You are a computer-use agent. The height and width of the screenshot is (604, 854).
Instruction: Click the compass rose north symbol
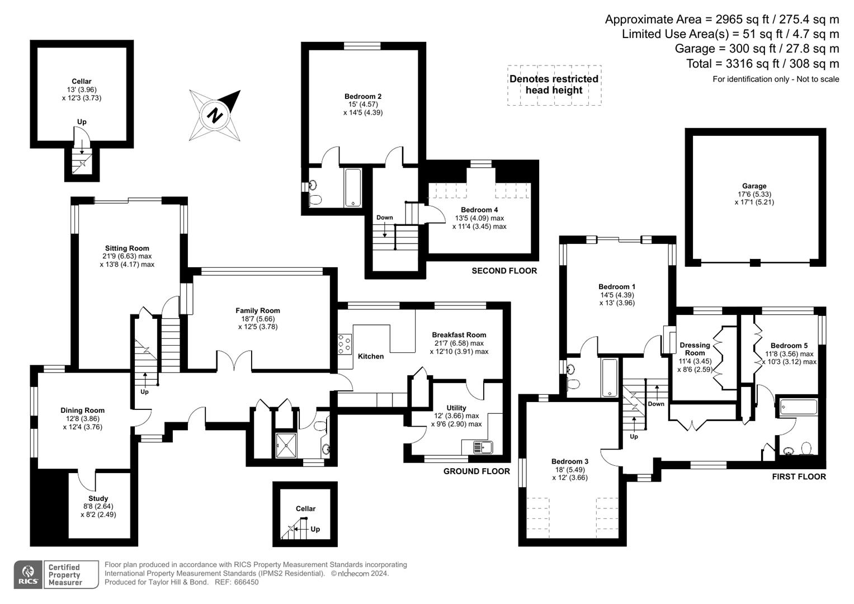(215, 115)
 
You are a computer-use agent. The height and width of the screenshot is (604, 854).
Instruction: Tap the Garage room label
(754, 186)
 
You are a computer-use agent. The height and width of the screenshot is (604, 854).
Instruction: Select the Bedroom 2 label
(363, 96)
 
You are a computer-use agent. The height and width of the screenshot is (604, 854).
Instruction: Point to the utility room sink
(482, 447)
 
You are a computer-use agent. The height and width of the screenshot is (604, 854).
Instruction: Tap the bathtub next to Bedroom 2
(353, 187)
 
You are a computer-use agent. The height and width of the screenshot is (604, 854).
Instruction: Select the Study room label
(98, 498)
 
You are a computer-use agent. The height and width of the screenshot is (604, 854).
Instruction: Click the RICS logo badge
(28, 575)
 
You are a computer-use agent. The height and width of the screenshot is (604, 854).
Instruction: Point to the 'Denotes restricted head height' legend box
(554, 85)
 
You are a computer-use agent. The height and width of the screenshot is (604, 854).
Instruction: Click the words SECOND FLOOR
(504, 271)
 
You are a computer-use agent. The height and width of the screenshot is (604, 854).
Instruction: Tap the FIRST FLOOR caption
(799, 476)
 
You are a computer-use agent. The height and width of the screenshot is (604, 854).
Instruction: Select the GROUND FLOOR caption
(476, 471)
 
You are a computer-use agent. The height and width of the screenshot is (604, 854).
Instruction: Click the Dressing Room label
(695, 349)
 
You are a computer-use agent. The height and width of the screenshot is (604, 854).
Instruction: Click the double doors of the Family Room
(234, 362)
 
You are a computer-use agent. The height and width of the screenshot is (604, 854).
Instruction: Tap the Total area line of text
(762, 64)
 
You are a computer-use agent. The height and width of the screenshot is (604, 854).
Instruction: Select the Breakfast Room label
(459, 335)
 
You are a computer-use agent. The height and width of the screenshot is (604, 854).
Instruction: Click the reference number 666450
(246, 582)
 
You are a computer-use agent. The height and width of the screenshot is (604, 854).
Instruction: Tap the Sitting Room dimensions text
(127, 261)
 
